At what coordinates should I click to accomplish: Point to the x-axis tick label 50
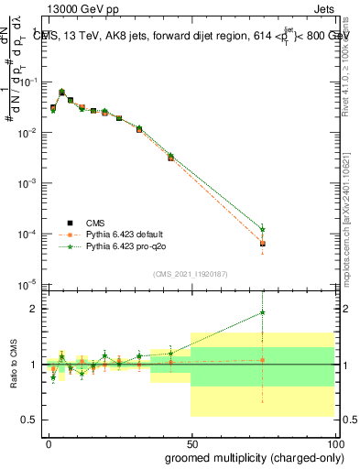point(191,442)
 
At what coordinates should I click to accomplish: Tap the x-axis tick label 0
point(49,442)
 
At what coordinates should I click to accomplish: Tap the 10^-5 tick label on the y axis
point(27,283)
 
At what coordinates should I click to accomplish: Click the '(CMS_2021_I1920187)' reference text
point(191,272)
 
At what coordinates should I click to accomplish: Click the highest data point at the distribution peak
point(61,93)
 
